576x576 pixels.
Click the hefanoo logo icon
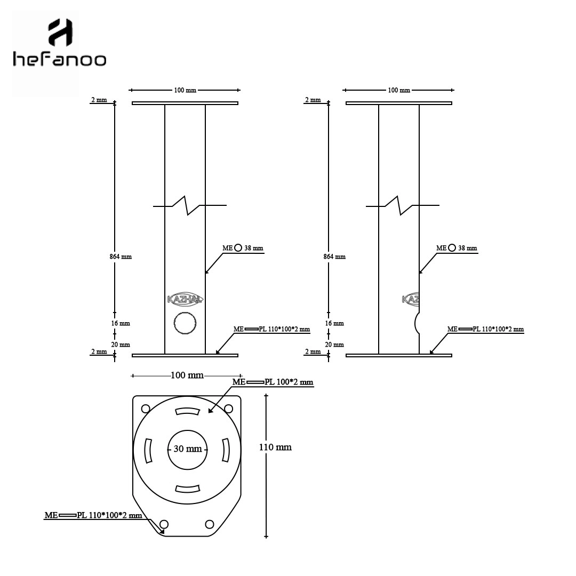click(x=60, y=33)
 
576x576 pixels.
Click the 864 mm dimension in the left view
click(x=121, y=257)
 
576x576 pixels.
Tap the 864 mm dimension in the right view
click(x=334, y=257)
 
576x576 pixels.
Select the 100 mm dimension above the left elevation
click(x=185, y=90)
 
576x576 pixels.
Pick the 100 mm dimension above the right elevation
click(x=399, y=90)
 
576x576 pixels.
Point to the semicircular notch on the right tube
click(x=415, y=323)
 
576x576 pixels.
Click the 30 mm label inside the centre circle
click(x=188, y=449)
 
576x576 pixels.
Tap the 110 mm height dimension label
click(x=275, y=447)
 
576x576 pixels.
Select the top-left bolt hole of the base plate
click(x=146, y=409)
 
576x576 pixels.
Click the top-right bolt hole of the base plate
click(x=228, y=409)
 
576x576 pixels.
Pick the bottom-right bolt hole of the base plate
click(x=210, y=524)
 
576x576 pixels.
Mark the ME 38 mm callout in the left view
click(x=243, y=248)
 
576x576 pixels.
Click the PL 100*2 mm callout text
click(x=289, y=382)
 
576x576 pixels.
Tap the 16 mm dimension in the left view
click(x=121, y=323)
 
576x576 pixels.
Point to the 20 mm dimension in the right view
click(x=334, y=345)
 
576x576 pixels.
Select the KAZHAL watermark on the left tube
click(x=185, y=299)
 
